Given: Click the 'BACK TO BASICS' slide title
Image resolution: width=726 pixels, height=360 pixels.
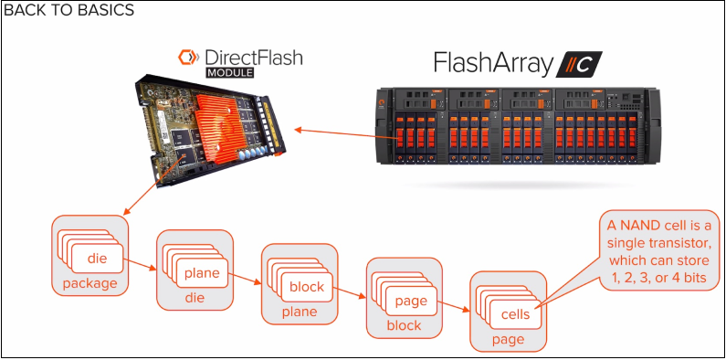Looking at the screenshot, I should [69, 11].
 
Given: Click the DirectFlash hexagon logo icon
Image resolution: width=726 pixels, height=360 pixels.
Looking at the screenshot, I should [188, 58].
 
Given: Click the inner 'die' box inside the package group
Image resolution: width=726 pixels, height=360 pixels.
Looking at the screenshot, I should [97, 259].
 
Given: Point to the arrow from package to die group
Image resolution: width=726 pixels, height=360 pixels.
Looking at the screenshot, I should [142, 266].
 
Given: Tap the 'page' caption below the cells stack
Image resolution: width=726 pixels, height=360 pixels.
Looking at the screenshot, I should [508, 339].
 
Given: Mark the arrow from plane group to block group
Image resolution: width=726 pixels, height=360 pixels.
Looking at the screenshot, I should [247, 279].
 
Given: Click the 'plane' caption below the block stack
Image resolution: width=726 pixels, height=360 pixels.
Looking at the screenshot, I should [300, 312].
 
